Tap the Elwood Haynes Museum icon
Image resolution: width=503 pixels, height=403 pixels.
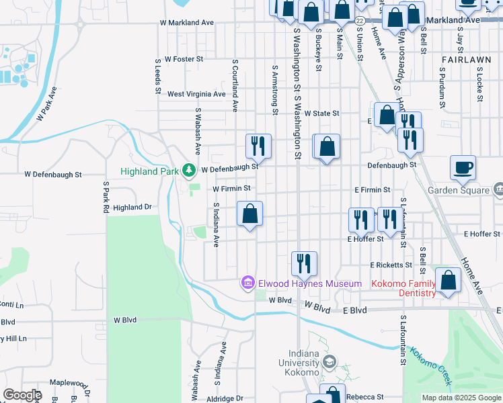point(247,283)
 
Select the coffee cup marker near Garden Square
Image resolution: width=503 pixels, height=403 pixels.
point(463,167)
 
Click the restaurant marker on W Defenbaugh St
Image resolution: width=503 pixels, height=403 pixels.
point(258,146)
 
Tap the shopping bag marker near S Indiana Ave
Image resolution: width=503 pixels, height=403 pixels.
point(249,214)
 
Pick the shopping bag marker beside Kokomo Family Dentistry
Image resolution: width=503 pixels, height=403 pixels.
point(448,281)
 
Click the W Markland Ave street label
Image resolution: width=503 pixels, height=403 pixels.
point(186,22)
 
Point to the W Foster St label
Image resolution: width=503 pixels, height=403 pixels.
point(183,59)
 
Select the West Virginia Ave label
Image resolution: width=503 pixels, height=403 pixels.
point(196,94)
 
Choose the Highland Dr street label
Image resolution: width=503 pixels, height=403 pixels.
point(132,208)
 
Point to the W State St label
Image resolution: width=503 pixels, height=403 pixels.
point(321,114)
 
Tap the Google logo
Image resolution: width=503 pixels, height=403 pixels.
point(22,395)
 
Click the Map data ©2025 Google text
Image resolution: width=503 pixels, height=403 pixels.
point(461,398)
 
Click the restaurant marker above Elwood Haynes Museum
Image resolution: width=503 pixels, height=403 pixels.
point(304,264)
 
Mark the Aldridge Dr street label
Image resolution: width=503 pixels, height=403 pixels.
point(225,398)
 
